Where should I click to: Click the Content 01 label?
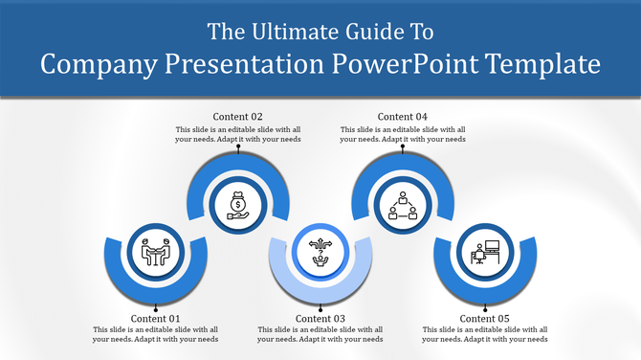[x=155, y=319]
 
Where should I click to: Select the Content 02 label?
[x=237, y=118]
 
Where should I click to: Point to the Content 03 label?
[x=320, y=319]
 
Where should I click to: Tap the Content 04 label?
[x=403, y=118]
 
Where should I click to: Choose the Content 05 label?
[x=484, y=319]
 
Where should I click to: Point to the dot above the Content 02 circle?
[x=237, y=148]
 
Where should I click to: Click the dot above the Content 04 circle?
[x=403, y=148]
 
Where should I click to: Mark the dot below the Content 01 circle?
[x=155, y=308]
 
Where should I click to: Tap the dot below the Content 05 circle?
[x=485, y=308]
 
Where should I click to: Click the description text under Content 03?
[x=320, y=334]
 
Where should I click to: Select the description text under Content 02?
[x=237, y=134]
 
